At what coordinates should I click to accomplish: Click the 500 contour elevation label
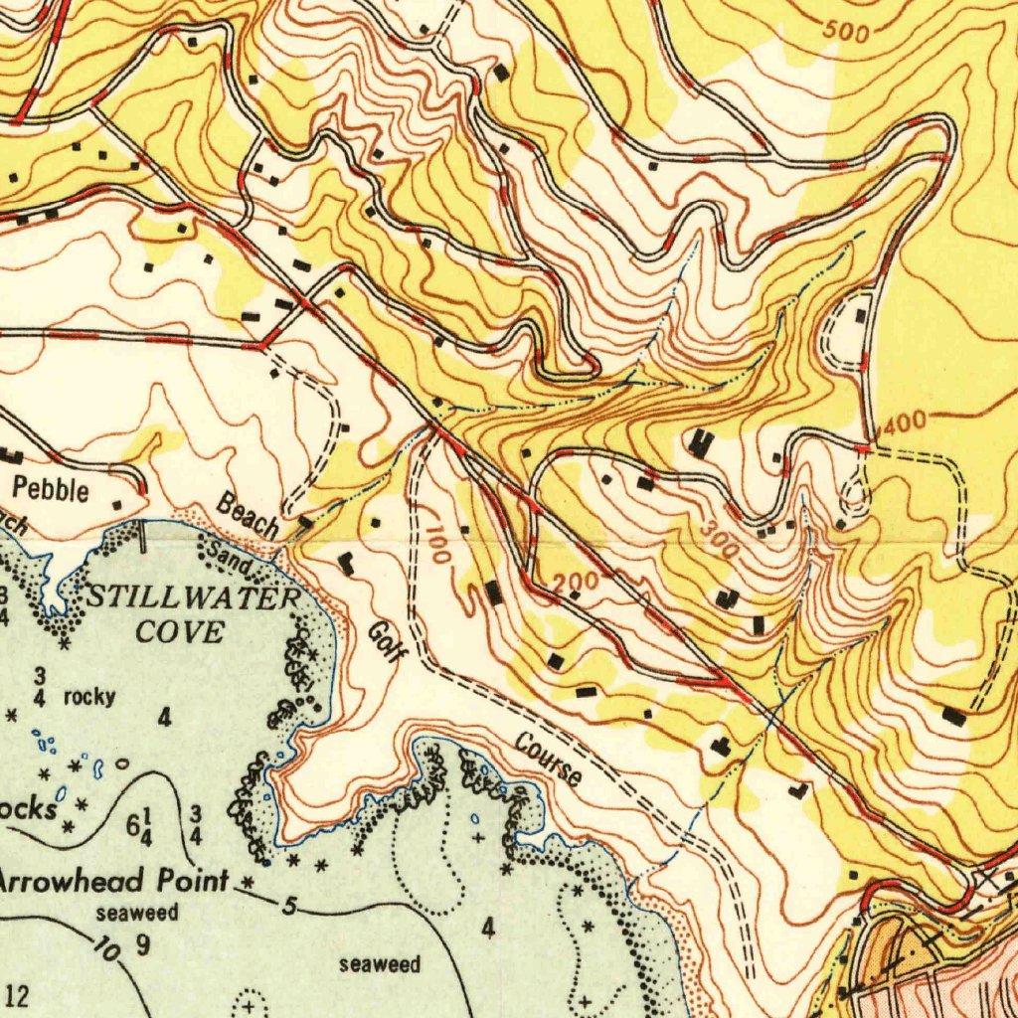[x=847, y=32]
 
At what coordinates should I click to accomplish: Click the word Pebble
[x=51, y=489]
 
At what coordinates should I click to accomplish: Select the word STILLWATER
[x=193, y=598]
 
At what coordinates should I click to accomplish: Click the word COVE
[x=180, y=631]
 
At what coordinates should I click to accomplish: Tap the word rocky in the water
[x=89, y=697]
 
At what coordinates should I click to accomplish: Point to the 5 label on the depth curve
[x=289, y=906]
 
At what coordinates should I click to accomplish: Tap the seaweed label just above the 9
[x=137, y=913]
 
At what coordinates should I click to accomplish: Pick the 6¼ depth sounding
[x=138, y=825]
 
